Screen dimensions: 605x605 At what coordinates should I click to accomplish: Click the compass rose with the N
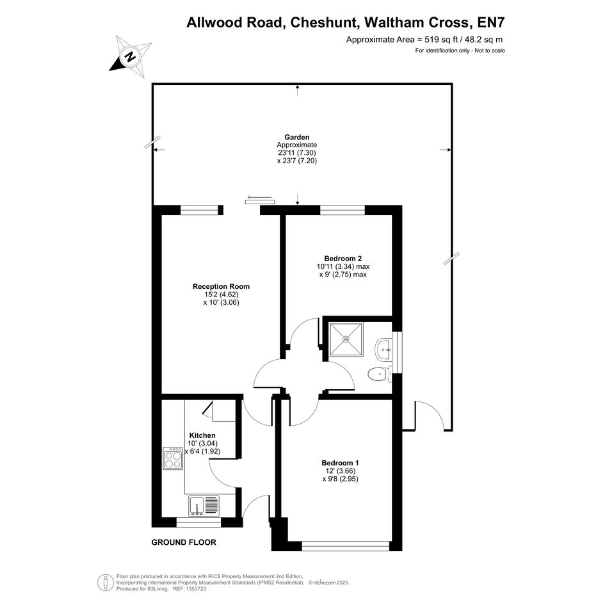point(130,57)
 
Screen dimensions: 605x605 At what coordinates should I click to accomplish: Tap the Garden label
point(296,137)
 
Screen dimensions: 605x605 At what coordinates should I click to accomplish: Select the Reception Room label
point(221,286)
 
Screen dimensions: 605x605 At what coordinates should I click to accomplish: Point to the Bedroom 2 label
point(343,259)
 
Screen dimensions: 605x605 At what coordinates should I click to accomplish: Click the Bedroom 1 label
point(340,463)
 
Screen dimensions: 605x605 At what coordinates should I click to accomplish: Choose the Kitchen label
point(202,435)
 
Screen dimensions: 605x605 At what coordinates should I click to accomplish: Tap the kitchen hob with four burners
point(173,458)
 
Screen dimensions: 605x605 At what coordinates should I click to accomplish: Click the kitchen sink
point(204,506)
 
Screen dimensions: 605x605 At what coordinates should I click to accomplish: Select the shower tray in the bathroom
point(345,339)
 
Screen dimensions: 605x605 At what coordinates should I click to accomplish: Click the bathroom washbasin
point(383,350)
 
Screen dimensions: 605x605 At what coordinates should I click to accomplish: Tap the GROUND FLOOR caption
point(184,542)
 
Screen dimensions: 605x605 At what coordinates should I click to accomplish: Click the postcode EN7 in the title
point(491,22)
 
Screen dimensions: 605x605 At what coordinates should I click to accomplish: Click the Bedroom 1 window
point(345,545)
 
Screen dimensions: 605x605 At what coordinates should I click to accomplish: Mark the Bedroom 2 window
point(343,210)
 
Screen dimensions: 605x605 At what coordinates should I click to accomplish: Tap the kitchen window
point(198,522)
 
